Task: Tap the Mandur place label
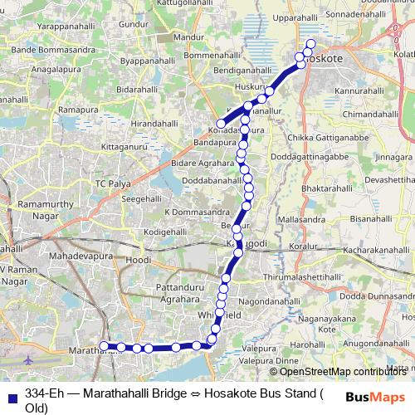189,37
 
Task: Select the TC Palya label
113,183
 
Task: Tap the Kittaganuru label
127,146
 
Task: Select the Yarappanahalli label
52,26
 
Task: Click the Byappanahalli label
146,61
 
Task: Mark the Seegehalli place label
142,199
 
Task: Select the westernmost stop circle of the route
105,346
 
